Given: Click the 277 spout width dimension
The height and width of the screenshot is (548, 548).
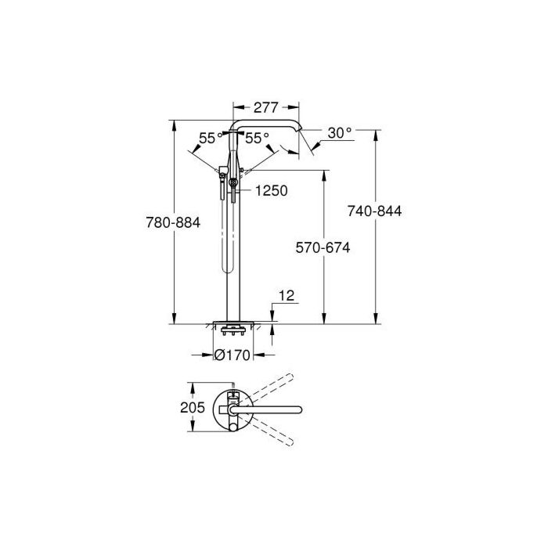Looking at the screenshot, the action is (x=265, y=108).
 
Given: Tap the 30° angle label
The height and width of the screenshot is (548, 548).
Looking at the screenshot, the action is (x=340, y=133).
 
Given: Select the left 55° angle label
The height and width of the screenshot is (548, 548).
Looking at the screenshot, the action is (x=211, y=138).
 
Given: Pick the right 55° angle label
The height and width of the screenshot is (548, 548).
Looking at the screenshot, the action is (x=257, y=138).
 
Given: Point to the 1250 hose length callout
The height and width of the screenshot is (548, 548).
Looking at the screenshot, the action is (x=271, y=191).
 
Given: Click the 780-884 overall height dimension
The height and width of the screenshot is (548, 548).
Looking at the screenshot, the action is (x=173, y=222).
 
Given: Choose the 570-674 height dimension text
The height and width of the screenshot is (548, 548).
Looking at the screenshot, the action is (x=323, y=248).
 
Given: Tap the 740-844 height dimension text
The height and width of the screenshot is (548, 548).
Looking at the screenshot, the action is (x=374, y=211).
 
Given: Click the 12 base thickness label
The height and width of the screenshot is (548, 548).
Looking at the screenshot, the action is (x=287, y=296).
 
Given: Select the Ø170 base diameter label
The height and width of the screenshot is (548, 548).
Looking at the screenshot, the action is (x=232, y=355).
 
